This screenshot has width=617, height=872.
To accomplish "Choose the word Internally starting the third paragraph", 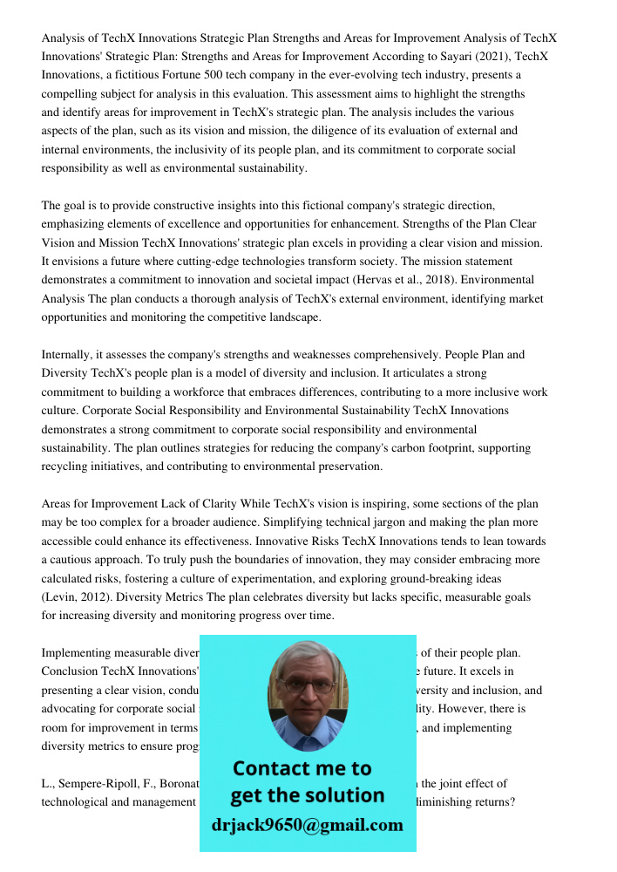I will (70, 355).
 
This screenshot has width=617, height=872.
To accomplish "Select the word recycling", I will (71, 467).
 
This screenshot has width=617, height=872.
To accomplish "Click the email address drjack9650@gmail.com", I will (307, 825).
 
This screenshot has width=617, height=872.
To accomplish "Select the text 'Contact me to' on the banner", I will (302, 768).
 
